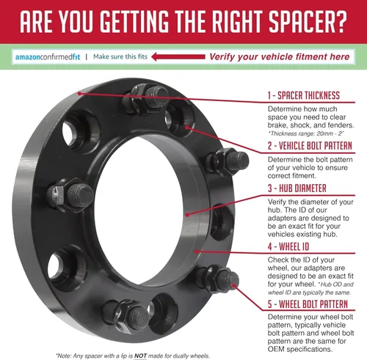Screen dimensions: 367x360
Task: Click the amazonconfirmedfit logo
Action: click(48, 57)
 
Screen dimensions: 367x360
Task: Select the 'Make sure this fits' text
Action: click(120, 56)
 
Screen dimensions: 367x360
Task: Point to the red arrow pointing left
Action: click(178, 56)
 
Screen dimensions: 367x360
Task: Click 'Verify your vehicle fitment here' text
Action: click(280, 56)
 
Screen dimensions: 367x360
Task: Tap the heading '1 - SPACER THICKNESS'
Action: click(304, 95)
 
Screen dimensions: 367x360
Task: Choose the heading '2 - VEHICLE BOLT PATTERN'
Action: click(310, 146)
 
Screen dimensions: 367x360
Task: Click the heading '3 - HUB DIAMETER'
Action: click(297, 188)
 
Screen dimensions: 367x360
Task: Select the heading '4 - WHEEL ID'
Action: click(288, 246)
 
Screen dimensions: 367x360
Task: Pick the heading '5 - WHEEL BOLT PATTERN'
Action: click(308, 304)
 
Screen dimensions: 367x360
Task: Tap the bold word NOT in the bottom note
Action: click(140, 356)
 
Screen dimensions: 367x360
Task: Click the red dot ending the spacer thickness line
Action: click(79, 93)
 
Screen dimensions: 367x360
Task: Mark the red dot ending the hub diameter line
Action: click(187, 215)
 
